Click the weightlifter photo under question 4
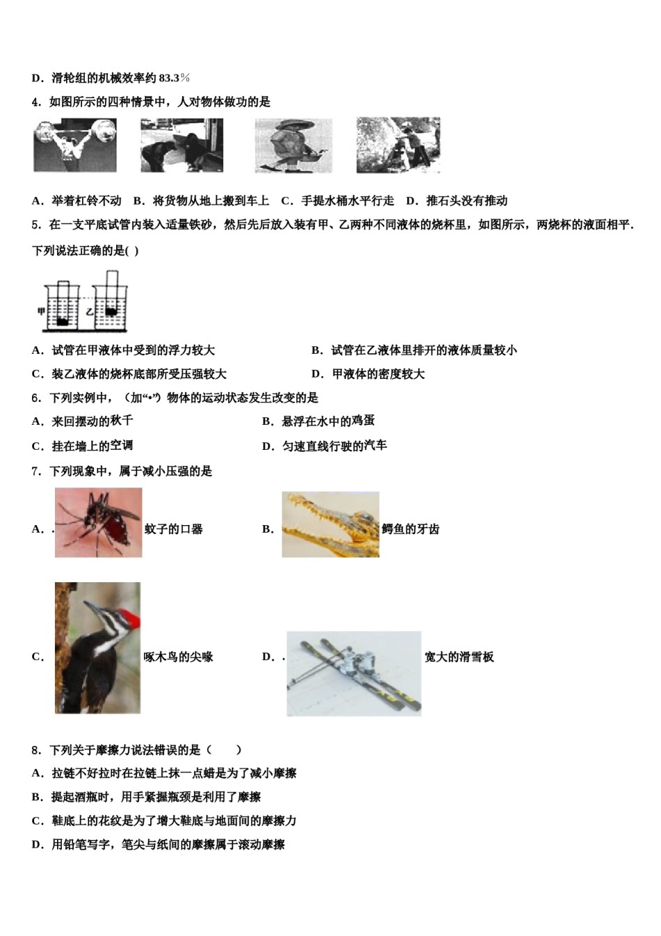75,145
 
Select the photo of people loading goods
182,145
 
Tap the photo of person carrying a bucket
293,145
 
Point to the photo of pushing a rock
398,145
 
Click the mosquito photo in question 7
98,522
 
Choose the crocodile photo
330,524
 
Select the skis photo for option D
353,673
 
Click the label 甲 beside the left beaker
41,311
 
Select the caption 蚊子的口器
174,529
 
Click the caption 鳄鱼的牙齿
411,529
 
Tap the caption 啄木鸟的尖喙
178,657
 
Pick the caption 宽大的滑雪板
459,657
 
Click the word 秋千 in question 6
122,421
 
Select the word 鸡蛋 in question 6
363,421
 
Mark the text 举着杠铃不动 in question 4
86,201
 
